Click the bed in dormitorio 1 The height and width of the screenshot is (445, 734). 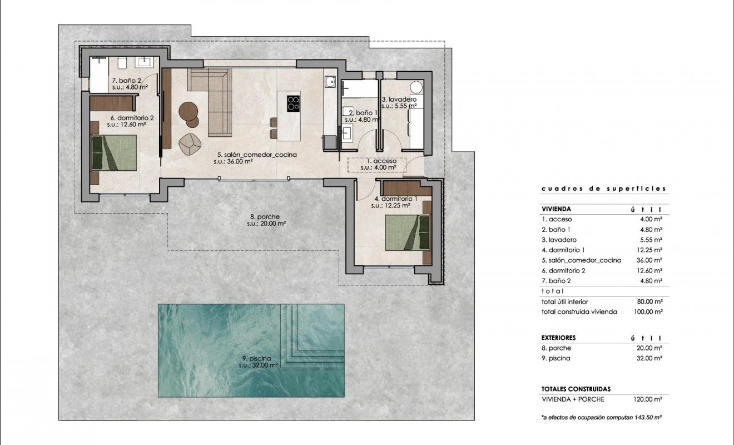click(408, 233)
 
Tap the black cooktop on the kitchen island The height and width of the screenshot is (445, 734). click(294, 103)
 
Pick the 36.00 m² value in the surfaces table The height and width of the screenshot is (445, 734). click(650, 260)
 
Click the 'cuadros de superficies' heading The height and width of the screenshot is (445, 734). click(603, 189)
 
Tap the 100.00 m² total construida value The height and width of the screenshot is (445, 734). click(649, 312)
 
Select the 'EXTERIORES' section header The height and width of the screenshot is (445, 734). click(558, 338)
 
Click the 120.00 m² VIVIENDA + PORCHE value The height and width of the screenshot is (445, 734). click(649, 399)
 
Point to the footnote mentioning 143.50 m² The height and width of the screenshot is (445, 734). click(597, 417)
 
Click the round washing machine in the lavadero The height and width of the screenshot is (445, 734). click(415, 86)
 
